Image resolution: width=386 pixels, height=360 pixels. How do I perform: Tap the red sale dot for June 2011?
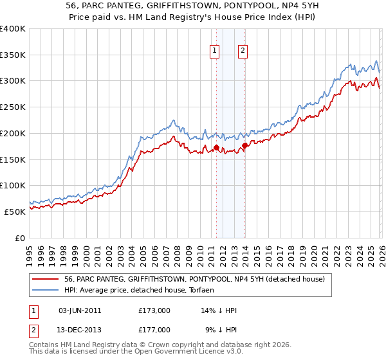[216, 148]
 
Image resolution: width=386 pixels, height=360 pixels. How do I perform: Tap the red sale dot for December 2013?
[245, 146]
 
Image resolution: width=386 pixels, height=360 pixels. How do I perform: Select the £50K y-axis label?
[15, 212]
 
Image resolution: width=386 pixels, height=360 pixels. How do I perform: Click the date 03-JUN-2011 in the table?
[80, 310]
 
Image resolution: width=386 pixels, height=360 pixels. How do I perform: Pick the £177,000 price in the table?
[154, 330]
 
